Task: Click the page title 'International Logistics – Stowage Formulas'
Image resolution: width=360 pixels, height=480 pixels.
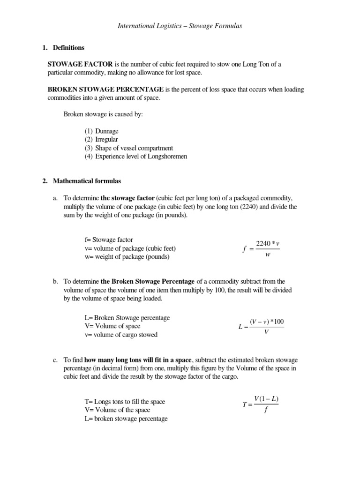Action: tap(180, 26)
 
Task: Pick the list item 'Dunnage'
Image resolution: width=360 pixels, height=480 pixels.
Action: tap(107, 131)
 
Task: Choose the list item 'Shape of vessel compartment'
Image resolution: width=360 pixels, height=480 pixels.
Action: tap(134, 148)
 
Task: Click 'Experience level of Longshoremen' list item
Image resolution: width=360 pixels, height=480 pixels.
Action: tap(141, 157)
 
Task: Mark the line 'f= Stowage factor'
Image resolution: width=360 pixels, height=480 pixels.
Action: tap(109, 240)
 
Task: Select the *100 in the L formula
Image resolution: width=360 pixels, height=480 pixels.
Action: tap(277, 322)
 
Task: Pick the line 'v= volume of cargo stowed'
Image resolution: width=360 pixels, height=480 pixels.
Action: tap(121, 335)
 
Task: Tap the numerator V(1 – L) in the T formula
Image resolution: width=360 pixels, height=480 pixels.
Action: tap(266, 399)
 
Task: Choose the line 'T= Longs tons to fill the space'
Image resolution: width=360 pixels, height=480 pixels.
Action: tap(125, 402)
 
